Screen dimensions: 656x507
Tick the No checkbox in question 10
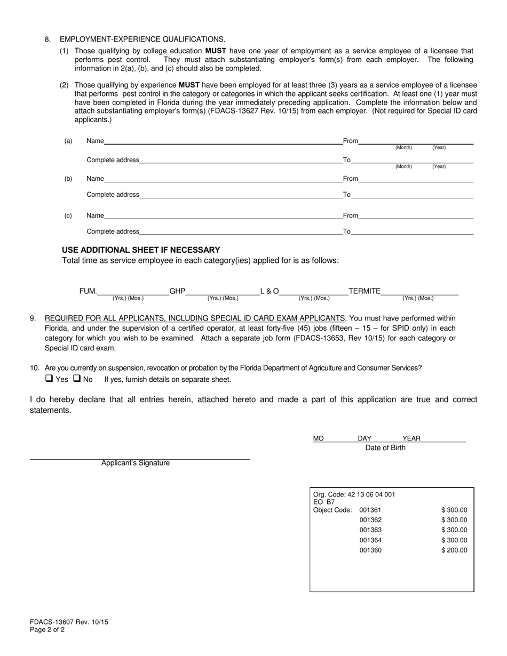point(77,379)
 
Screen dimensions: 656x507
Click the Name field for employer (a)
point(223,141)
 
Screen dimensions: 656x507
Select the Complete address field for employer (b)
point(240,195)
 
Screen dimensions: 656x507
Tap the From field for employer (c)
point(416,215)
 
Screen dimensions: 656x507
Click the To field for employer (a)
point(412,160)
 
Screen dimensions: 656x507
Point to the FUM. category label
point(89,291)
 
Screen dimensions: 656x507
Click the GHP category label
point(177,291)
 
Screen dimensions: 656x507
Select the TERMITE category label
point(365,291)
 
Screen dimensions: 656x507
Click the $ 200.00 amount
point(454,550)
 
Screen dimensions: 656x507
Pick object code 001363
point(370,530)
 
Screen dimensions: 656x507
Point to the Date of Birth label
point(385,448)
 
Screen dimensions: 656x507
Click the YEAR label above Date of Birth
point(411,438)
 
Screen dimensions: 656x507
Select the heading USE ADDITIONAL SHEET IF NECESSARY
point(141,250)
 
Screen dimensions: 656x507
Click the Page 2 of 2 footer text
point(47,629)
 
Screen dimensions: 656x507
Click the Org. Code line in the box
point(354,494)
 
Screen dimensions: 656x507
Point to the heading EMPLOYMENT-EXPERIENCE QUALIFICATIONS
point(142,39)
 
